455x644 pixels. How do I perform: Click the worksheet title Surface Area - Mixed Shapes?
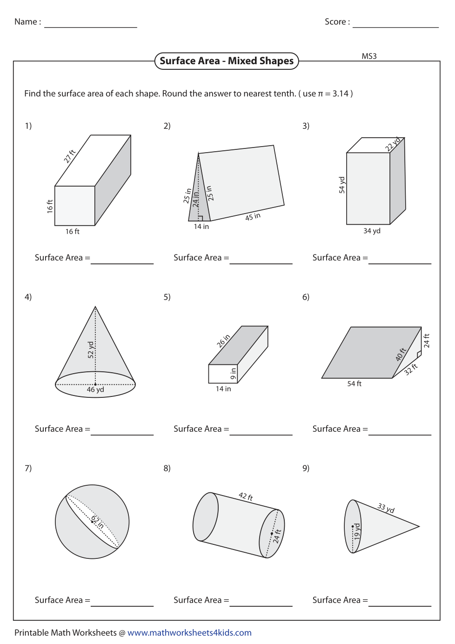227,61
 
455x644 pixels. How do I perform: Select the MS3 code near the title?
369,56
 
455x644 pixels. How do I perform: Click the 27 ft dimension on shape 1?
69,156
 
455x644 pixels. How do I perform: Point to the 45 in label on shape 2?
253,217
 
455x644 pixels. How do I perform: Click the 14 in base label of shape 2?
201,227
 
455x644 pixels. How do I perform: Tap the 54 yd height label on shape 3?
342,185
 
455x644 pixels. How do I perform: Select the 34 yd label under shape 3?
372,231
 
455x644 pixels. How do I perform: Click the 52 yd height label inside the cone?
91,349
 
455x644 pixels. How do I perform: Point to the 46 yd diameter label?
95,390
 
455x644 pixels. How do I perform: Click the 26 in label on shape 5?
223,341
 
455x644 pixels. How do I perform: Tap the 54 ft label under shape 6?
354,384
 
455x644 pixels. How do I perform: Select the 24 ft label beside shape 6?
427,341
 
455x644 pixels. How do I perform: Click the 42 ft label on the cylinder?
246,496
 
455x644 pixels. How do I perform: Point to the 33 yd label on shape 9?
386,508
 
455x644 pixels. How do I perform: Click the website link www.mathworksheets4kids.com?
189,633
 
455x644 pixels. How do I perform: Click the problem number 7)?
28,468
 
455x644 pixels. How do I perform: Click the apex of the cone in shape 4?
95,307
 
